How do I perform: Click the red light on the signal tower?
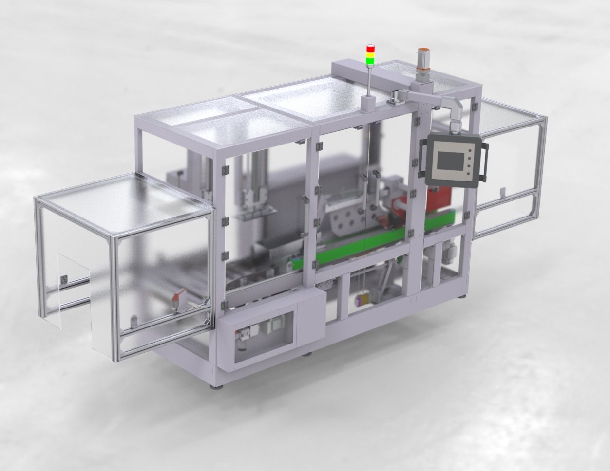coord(371,49)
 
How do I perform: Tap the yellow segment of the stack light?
coord(371,55)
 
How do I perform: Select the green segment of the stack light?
coord(371,61)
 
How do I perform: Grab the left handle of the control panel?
coord(422,156)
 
